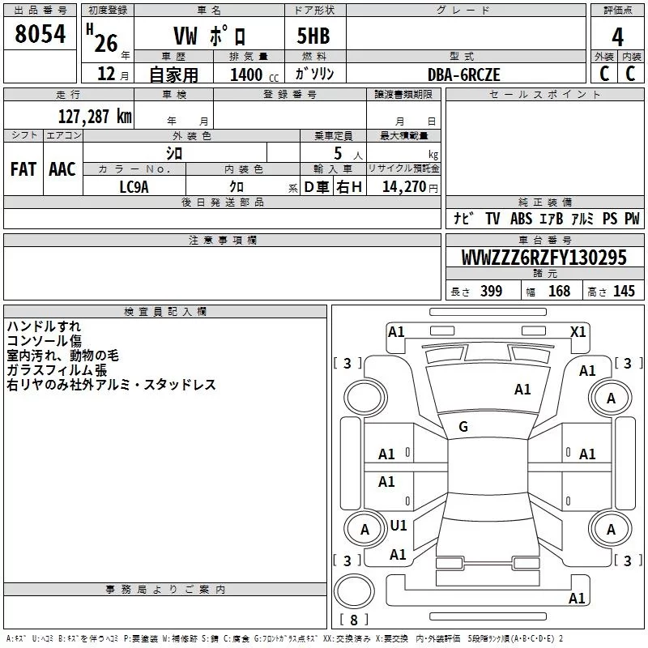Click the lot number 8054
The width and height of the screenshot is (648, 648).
40,36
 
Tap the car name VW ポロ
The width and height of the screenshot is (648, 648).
211,36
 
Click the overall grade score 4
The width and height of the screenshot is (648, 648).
618,36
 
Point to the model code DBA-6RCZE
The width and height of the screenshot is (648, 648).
464,75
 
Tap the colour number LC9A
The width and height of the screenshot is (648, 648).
134,186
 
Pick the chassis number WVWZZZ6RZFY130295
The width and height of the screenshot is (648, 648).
544,258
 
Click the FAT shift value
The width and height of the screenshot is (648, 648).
23,169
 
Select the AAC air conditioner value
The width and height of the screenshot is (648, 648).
62,169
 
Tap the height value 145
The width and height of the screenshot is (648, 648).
624,292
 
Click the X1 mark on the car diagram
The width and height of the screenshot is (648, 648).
578,331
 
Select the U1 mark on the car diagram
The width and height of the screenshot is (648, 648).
399,526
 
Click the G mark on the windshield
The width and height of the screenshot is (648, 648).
463,427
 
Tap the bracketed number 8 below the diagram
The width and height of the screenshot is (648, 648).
353,620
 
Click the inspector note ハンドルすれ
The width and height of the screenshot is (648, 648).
44,326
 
